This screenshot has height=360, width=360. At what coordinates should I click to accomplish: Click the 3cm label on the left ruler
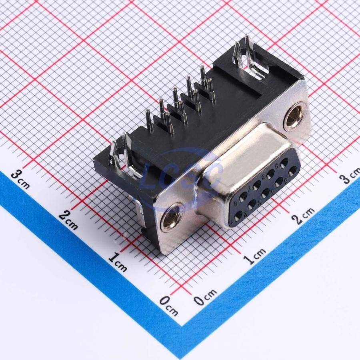pos(20,179)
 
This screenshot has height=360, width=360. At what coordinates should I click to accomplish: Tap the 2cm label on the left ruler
pos(68,221)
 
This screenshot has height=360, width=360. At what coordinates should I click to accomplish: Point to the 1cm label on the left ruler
pos(117,262)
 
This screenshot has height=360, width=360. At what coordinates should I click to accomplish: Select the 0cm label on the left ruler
pos(169,306)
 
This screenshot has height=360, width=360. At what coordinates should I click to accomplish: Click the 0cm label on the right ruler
pos(205,297)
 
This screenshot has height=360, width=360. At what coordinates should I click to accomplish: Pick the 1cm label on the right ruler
pos(255,256)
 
